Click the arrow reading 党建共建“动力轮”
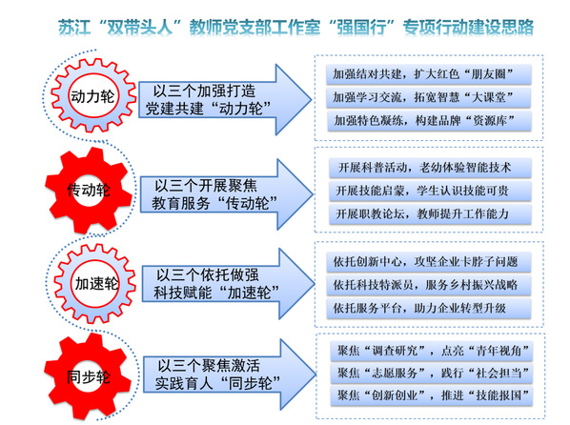pyautogui.click(x=225, y=100)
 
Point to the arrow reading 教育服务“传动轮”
pyautogui.click(x=226, y=194)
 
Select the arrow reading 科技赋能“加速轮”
pyautogui.click(x=228, y=284)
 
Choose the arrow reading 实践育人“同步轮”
pyautogui.click(x=229, y=374)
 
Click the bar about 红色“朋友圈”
pyautogui.click(x=429, y=74)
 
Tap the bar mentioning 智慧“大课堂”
pyautogui.click(x=429, y=97)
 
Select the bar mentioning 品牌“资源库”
pyautogui.click(x=429, y=121)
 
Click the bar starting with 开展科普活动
pyautogui.click(x=431, y=168)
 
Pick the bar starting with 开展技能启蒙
pyautogui.click(x=431, y=191)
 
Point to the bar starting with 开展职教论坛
pyautogui.click(x=431, y=214)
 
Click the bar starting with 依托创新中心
pyautogui.click(x=429, y=262)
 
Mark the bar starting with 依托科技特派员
pyautogui.click(x=429, y=285)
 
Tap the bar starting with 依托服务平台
pyautogui.click(x=429, y=309)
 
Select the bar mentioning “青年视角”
pyautogui.click(x=432, y=351)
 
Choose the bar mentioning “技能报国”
pyautogui.click(x=432, y=395)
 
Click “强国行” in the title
pyautogui.click(x=361, y=28)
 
